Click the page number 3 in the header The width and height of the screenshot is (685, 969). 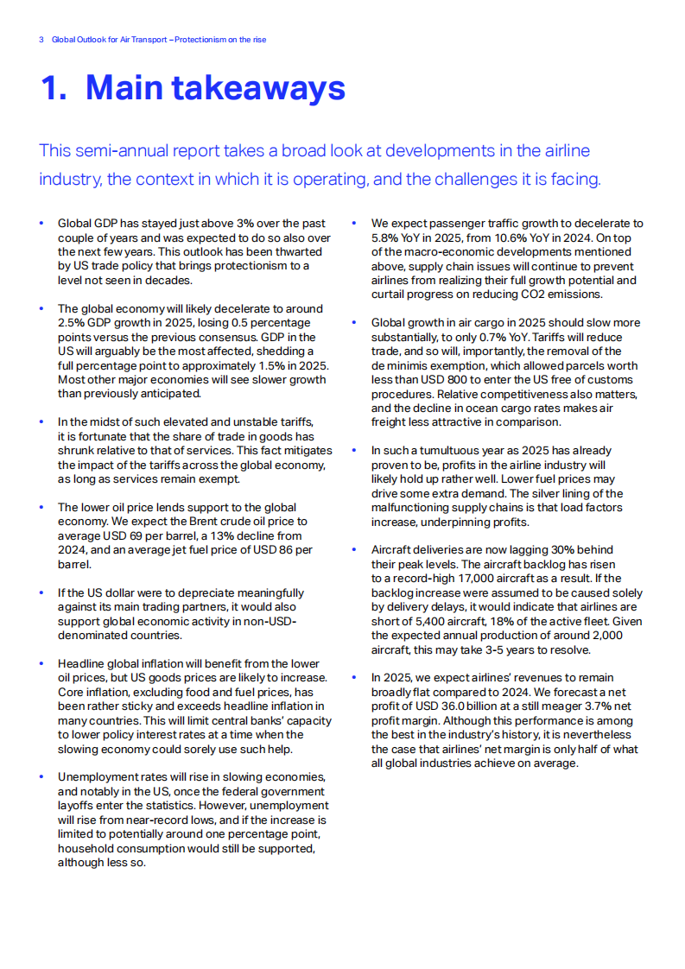click(41, 40)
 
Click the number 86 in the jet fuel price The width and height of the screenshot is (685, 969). click(279, 550)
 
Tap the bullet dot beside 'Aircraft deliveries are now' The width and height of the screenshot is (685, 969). click(354, 549)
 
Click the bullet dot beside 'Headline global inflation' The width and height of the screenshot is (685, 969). click(41, 663)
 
